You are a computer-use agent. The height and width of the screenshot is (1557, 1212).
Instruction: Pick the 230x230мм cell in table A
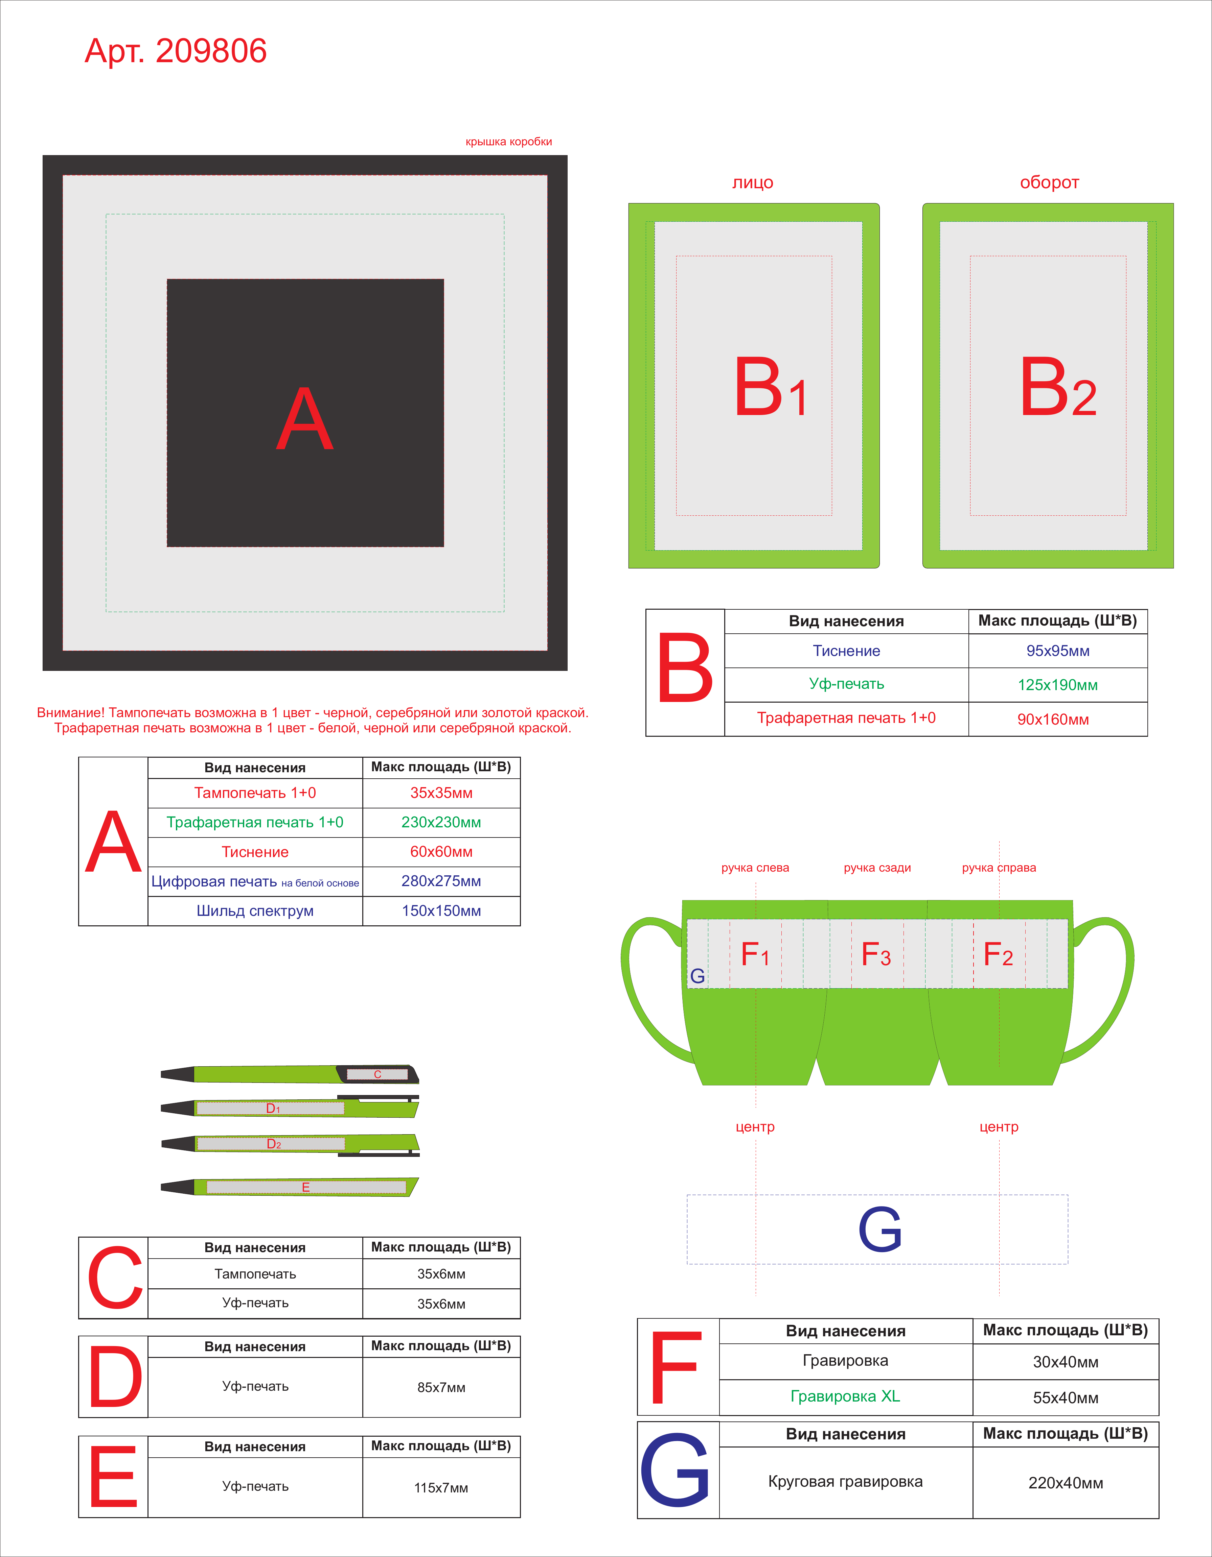(441, 822)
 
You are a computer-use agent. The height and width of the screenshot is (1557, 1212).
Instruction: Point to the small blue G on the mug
(698, 976)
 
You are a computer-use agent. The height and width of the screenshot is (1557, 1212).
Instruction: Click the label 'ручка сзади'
(877, 868)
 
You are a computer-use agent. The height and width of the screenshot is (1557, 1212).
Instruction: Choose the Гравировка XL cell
(845, 1396)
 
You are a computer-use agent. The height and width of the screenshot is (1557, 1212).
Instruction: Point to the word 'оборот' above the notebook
(1049, 183)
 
